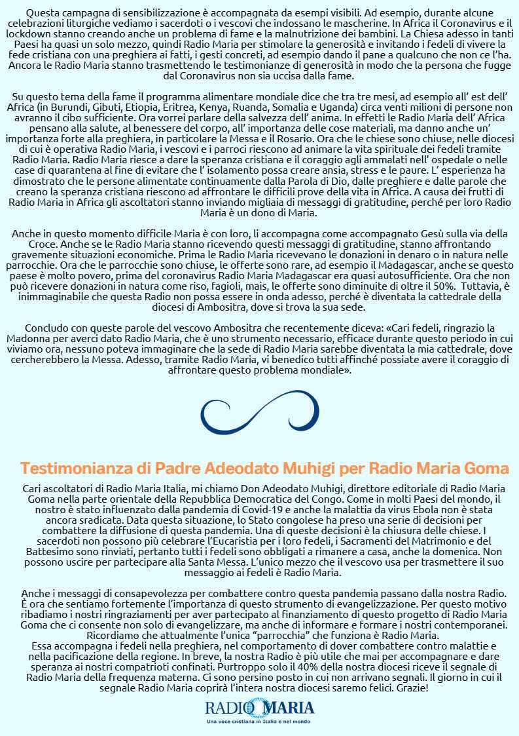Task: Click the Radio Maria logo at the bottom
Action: pos(259,708)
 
